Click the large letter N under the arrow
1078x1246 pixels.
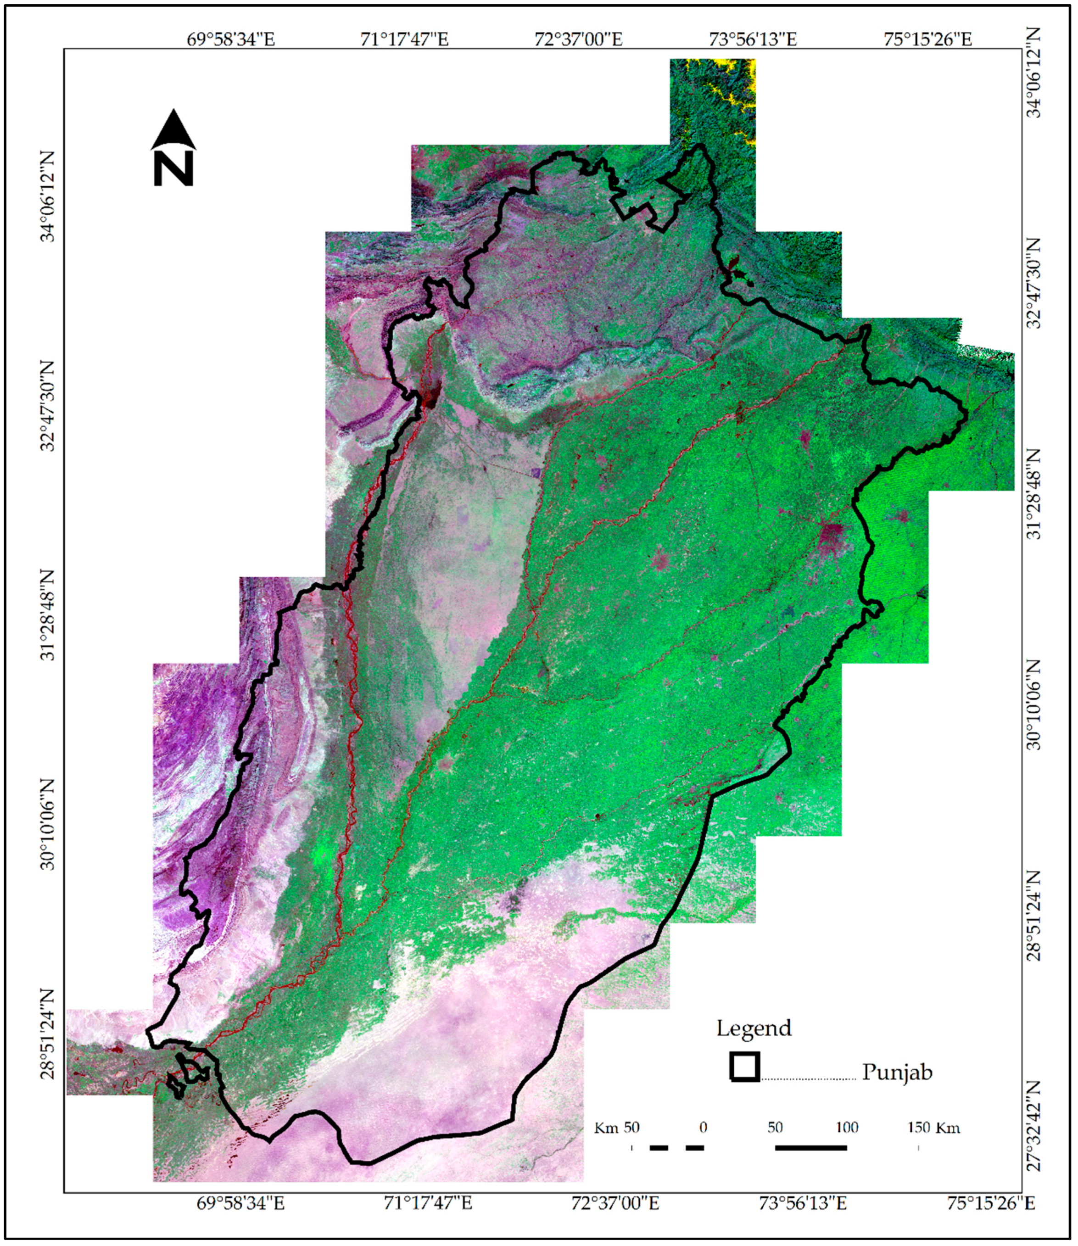173,168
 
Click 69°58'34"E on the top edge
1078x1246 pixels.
230,40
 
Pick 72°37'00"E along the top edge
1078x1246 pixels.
578,40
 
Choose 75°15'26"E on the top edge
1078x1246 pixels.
927,40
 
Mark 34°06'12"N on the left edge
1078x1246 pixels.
48,196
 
